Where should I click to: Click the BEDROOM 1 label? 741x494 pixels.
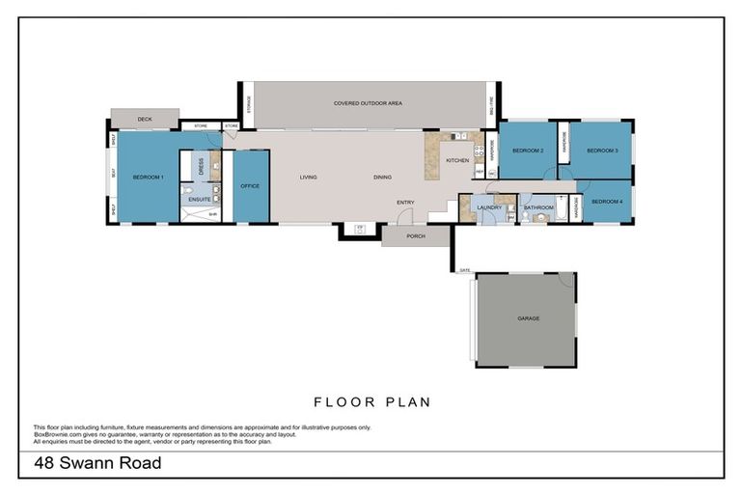coord(149,178)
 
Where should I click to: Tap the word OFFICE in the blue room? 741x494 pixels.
coord(250,185)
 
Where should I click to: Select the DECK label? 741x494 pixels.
coord(145,120)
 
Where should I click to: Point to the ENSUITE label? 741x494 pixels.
coord(200,199)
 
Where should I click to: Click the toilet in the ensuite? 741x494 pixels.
coord(187,189)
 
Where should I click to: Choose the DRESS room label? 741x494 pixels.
coord(200,166)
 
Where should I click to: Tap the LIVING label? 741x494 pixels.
coord(309,178)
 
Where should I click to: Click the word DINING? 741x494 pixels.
coord(383,178)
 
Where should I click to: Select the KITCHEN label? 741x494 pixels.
coord(457,160)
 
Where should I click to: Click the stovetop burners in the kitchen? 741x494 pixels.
coord(478,151)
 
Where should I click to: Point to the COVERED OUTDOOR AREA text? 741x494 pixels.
coord(368,103)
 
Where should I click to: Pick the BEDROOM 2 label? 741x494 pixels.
coord(528,151)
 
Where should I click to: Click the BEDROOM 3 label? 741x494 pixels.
coord(602,151)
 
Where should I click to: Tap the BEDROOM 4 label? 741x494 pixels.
coord(607,201)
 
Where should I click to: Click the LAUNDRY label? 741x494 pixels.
coord(489,206)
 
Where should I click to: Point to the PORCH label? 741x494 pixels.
coord(415,235)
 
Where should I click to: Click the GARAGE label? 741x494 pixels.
coord(528,317)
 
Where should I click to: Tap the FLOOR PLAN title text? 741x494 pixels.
coord(371,401)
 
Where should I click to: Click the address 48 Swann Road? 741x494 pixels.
coord(97,464)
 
